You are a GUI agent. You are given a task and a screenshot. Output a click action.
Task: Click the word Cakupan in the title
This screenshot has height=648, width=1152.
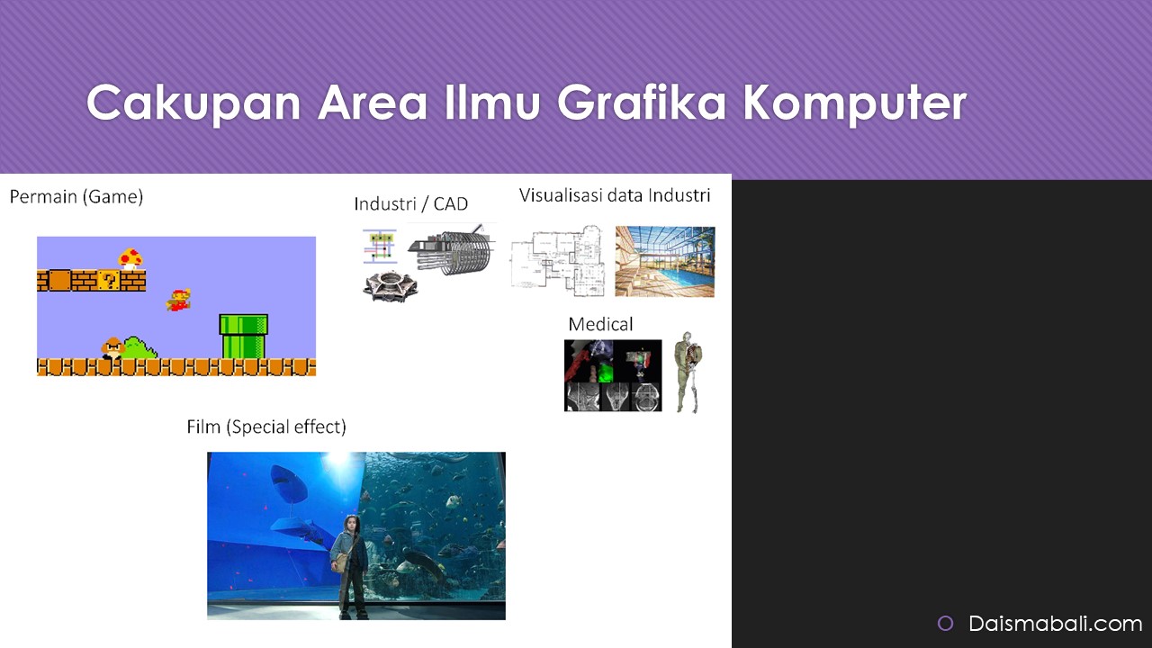click(193, 103)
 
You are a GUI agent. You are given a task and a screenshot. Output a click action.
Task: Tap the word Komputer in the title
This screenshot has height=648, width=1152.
click(855, 103)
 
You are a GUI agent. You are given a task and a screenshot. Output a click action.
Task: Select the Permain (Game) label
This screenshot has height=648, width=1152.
click(76, 196)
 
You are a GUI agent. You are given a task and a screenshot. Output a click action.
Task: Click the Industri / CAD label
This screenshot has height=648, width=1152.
click(411, 203)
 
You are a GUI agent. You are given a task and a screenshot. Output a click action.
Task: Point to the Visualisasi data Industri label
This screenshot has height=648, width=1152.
click(615, 195)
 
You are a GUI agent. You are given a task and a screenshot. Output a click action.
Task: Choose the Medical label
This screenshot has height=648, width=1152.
click(600, 324)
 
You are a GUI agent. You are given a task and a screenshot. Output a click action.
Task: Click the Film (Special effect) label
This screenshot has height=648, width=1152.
click(266, 427)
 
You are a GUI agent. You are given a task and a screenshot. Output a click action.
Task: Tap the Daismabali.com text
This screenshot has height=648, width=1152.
click(1056, 624)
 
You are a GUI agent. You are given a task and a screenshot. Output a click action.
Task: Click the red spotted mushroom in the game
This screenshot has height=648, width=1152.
click(130, 258)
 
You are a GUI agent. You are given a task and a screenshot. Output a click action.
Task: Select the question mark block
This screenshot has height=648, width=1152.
click(109, 281)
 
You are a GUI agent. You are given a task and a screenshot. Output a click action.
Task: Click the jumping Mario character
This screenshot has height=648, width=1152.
click(178, 300)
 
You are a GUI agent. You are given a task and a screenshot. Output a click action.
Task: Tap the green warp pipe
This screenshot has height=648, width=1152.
click(243, 337)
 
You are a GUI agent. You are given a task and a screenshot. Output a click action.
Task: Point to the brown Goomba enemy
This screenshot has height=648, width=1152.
click(112, 348)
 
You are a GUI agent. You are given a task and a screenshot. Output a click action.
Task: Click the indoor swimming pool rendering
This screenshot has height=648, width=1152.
click(664, 261)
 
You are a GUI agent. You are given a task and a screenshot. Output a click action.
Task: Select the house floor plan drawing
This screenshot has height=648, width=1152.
click(558, 261)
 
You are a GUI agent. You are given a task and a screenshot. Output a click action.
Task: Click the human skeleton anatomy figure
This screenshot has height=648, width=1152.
click(688, 372)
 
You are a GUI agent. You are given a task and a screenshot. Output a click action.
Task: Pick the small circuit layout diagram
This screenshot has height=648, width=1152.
click(380, 246)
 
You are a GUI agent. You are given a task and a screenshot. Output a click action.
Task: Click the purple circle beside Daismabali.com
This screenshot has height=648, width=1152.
click(945, 624)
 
